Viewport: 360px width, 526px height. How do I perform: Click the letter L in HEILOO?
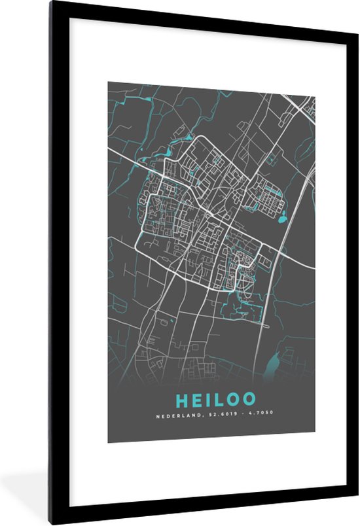point(215,398)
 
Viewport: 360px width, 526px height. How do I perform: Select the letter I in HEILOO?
point(203,398)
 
